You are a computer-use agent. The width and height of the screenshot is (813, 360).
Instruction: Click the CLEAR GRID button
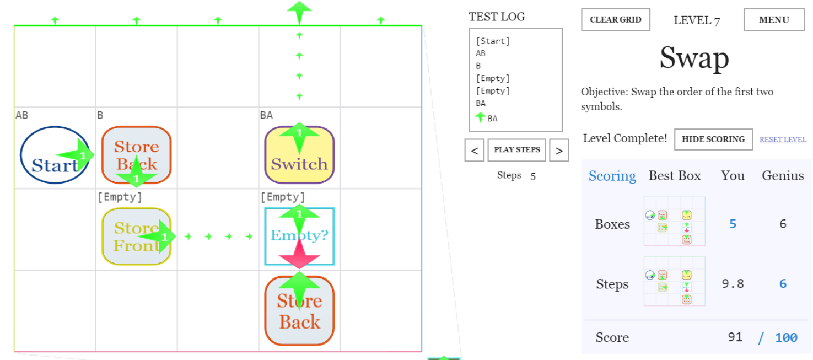(615, 20)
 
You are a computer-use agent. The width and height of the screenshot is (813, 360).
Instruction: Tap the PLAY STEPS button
(516, 150)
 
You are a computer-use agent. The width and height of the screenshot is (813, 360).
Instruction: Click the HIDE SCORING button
(713, 139)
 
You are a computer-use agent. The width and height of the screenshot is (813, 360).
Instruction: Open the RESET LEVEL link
(782, 139)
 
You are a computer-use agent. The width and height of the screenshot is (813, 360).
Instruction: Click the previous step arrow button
(474, 151)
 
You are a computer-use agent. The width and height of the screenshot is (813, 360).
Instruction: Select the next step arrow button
(559, 151)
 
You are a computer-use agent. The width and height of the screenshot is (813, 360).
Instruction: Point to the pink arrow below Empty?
(299, 254)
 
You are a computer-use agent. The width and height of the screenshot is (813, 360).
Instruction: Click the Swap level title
(694, 58)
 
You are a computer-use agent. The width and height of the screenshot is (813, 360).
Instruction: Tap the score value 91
(735, 337)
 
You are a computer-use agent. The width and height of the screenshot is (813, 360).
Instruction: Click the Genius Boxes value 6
(782, 224)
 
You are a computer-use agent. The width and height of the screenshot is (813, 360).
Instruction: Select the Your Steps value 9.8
(733, 284)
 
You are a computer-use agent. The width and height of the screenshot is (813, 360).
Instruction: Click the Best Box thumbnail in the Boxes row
(674, 222)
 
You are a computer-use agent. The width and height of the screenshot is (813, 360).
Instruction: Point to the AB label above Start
(22, 115)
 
